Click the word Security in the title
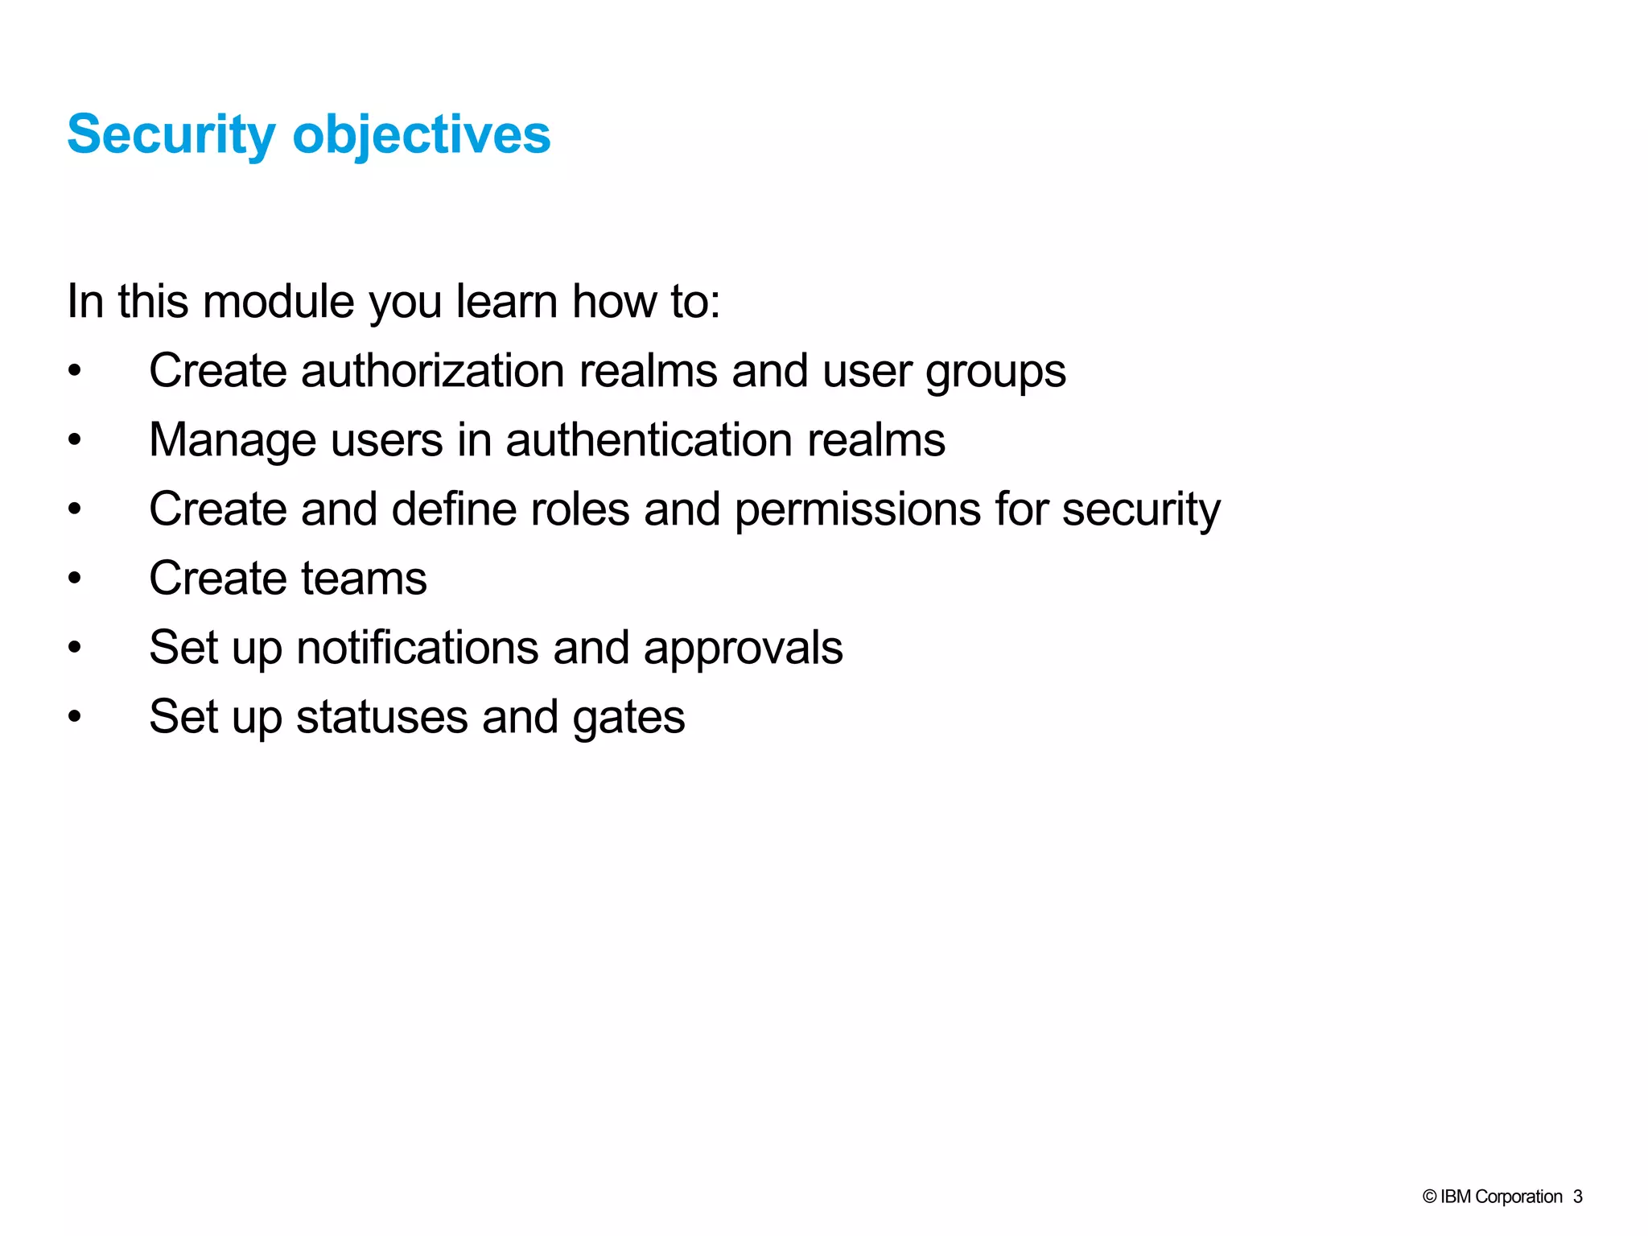[x=171, y=134]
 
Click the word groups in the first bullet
[x=995, y=373]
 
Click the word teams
[x=364, y=579]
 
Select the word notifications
[x=417, y=648]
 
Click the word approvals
[x=743, y=649]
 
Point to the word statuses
[x=381, y=717]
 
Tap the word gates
[x=628, y=719]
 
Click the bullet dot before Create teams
[x=75, y=579]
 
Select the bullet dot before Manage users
[x=75, y=440]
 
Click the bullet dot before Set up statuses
[x=75, y=717]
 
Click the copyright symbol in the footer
[x=1429, y=1197]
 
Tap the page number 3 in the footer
[x=1578, y=1197]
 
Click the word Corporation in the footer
[x=1518, y=1197]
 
